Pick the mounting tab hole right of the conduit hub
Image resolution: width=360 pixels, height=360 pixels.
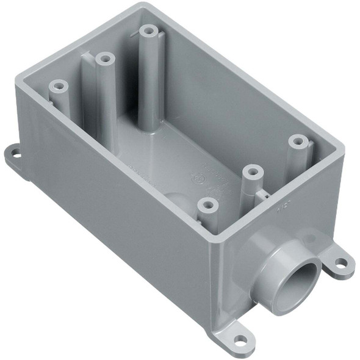[x=340, y=263]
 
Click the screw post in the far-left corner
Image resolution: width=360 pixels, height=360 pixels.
[x=58, y=85]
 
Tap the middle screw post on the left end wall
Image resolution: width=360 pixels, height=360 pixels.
[x=104, y=59]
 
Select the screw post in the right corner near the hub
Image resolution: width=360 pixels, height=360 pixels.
[x=297, y=141]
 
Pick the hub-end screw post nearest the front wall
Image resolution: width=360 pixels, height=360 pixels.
[x=208, y=205]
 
